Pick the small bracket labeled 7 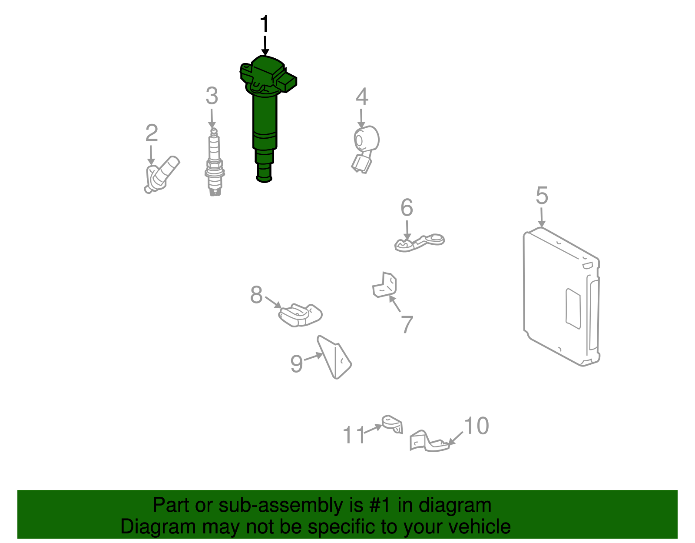coord(385,285)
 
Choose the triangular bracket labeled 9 coord(334,357)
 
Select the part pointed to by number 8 coord(300,315)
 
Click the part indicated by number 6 coord(419,243)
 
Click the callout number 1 coord(265,23)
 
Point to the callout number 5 coord(542,196)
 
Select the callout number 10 coord(476,426)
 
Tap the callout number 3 coord(212,96)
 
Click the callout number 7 coord(407,324)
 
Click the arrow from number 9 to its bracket coord(313,356)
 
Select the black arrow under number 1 coord(265,47)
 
